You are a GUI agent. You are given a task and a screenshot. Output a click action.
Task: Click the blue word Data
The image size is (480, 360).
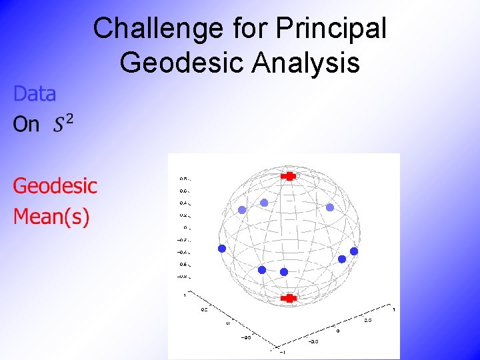(x=35, y=94)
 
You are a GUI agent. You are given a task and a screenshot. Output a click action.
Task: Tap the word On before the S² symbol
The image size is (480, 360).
(x=26, y=125)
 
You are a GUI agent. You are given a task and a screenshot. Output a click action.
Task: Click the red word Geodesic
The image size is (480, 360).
(x=55, y=185)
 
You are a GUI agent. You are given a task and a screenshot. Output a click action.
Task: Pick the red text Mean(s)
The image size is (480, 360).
(x=51, y=217)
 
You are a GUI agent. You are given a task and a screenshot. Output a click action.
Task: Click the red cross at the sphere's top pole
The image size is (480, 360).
(x=289, y=176)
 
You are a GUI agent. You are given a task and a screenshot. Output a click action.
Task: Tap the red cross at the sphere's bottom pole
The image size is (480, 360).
(x=289, y=298)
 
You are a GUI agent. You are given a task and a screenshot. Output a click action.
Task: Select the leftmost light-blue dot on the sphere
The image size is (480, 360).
(x=242, y=209)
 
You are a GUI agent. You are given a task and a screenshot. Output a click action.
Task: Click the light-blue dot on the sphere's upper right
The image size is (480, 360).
(x=329, y=207)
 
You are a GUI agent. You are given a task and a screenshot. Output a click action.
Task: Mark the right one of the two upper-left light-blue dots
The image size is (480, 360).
(x=264, y=202)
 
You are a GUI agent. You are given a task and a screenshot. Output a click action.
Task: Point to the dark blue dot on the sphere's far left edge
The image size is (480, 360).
(x=222, y=248)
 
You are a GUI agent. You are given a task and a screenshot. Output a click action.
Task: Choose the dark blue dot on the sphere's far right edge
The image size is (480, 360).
(x=354, y=251)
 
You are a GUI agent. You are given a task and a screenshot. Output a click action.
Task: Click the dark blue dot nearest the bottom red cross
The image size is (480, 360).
(x=284, y=272)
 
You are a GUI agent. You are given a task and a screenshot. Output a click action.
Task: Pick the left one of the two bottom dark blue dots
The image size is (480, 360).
(x=262, y=269)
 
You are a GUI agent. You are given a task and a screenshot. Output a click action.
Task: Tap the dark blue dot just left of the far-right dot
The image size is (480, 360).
(x=342, y=259)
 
